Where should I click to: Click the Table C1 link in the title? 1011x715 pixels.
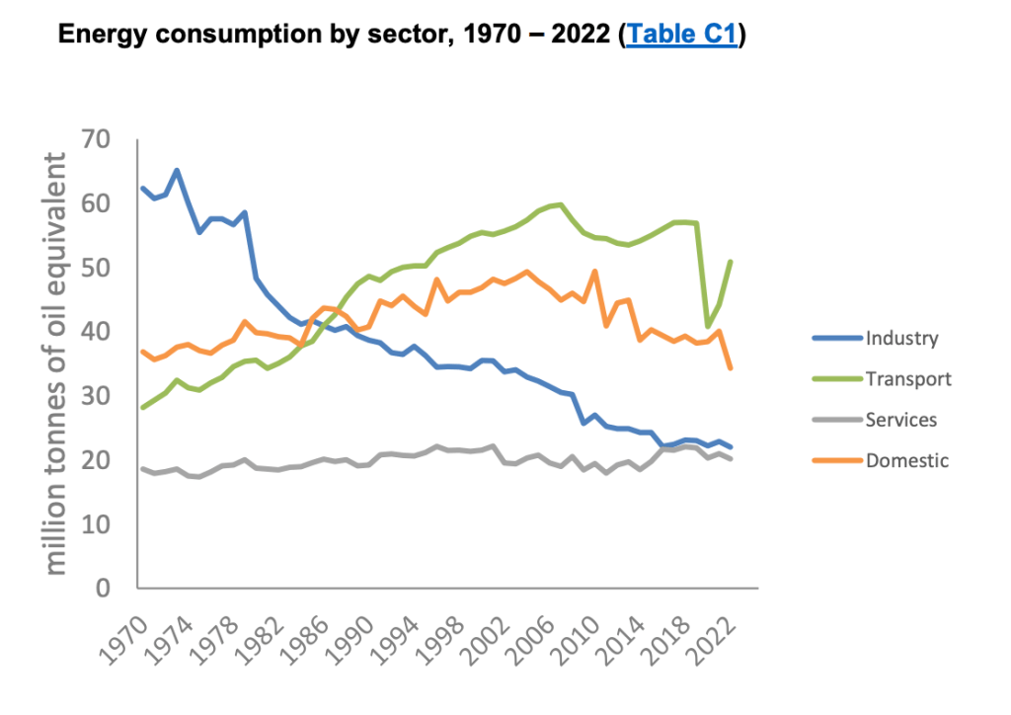coord(681,36)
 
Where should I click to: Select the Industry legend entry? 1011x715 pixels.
coord(901,338)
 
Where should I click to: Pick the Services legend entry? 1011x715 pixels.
coord(900,419)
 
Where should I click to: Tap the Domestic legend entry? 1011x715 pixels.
coord(906,459)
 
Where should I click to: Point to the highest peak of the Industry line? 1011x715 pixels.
coord(177,170)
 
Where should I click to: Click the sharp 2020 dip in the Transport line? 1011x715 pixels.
coord(708,326)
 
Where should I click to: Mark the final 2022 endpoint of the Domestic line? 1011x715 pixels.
coord(731,368)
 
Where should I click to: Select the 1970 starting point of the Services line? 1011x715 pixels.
coord(143,468)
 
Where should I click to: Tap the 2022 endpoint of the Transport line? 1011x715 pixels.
coord(731,262)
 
